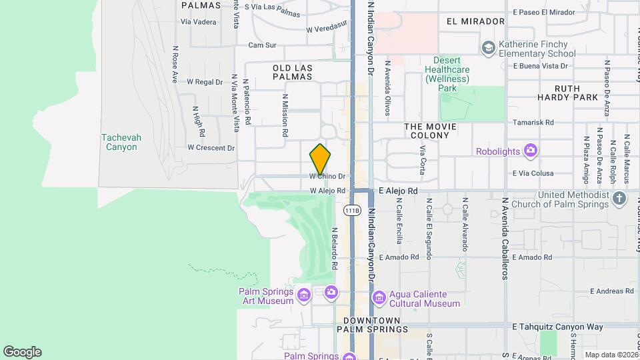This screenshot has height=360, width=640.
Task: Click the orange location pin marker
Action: click(320, 159)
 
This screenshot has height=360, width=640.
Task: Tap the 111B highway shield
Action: click(352, 211)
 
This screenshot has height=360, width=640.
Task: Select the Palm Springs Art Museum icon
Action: click(304, 294)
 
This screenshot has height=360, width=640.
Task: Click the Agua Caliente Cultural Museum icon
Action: click(379, 297)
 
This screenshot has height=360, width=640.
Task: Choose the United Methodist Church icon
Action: click(619, 198)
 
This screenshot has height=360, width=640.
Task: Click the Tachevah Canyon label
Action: click(121, 142)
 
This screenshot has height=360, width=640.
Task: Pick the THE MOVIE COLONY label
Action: click(431, 131)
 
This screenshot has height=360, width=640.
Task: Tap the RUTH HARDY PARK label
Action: click(567, 93)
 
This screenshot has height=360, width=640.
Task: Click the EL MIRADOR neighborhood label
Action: click(475, 21)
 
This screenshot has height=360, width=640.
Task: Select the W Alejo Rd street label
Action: click(327, 191)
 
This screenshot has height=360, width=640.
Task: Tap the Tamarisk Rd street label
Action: click(533, 123)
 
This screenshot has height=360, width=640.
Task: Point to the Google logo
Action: click(23, 351)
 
